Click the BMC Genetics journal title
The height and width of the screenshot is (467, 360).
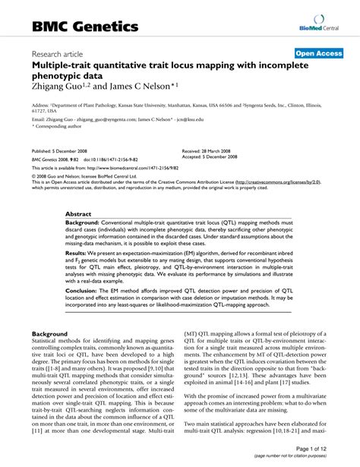(x=84, y=27)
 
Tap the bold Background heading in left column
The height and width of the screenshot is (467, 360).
(x=49, y=333)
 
